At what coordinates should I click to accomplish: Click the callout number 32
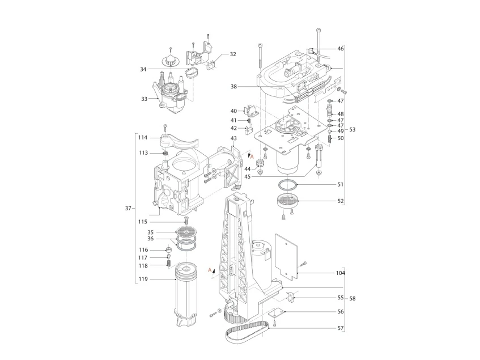[233, 54]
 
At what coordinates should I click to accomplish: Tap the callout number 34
[143, 70]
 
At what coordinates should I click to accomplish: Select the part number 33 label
[144, 99]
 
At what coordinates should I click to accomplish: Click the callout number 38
[233, 87]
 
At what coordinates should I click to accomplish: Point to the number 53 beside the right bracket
[352, 129]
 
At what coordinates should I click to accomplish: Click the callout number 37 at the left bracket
[128, 209]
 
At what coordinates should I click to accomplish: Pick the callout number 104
[341, 273]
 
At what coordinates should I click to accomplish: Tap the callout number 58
[352, 298]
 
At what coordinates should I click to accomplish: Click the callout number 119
[143, 279]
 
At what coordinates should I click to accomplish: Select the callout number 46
[341, 49]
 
